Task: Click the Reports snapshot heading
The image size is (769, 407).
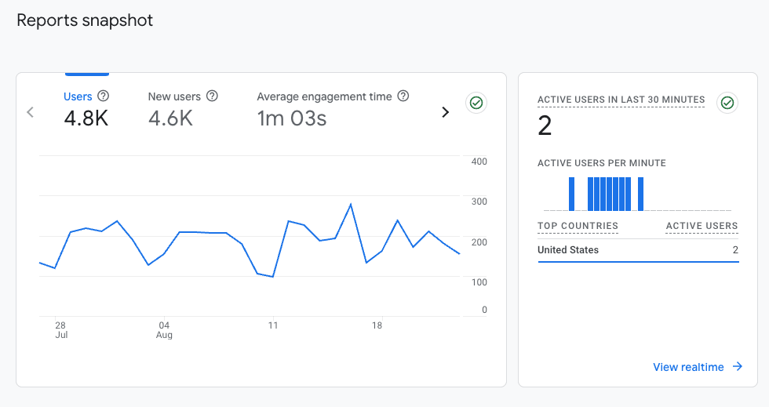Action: coord(85,20)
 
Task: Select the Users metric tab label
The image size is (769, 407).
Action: coord(78,96)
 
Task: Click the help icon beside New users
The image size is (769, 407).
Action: coord(212,96)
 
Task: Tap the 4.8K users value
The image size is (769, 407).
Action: coord(86,118)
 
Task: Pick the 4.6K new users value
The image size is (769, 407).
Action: coord(170,118)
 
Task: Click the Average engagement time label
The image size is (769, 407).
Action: coord(324,96)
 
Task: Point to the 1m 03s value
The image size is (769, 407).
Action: coord(292,118)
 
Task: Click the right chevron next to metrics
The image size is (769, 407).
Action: coord(446,112)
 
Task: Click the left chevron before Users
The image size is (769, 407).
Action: coord(31,112)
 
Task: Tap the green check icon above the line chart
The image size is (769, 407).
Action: coord(476,103)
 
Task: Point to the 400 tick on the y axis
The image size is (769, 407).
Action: coord(479,162)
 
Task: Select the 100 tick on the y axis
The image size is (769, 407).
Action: coord(479,282)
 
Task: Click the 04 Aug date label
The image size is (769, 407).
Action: coord(164,329)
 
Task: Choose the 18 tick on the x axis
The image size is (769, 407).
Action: coord(377,325)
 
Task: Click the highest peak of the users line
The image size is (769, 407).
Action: coord(350,204)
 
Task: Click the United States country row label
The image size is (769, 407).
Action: coord(568,250)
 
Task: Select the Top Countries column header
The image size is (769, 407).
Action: coord(578,226)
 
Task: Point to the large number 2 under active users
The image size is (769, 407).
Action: coord(545,125)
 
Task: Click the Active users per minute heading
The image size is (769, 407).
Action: coord(601,163)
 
